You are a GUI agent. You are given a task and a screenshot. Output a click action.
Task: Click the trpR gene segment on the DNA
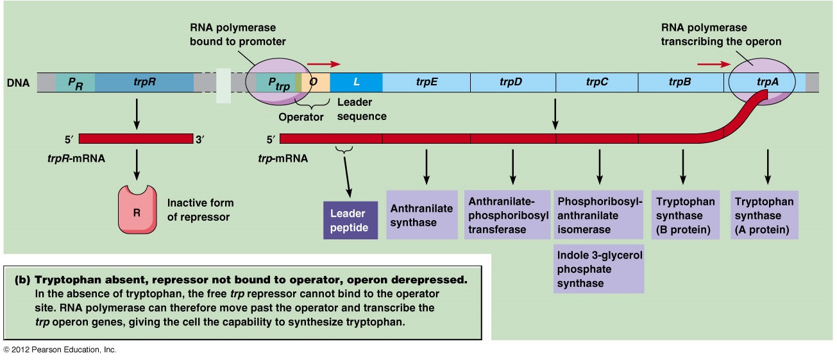144,83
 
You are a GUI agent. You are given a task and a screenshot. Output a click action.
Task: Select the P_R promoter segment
75,83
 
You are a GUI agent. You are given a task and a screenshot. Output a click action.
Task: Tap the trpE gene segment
426,82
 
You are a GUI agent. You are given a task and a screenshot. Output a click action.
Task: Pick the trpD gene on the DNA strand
512,82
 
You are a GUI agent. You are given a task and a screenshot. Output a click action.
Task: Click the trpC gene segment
596,82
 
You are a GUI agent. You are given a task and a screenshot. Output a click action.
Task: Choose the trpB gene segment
680,82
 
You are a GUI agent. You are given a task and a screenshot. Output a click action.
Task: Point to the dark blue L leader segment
356,82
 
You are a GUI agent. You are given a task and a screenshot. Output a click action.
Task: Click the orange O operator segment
315,82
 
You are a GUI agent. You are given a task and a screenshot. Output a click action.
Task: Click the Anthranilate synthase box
421,216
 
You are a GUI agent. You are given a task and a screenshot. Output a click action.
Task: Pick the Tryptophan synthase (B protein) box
685,214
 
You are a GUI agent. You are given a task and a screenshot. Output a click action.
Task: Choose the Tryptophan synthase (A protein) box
765,214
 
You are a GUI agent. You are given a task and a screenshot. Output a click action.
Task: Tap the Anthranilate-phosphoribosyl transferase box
507,214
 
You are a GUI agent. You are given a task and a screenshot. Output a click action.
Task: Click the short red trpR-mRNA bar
135,139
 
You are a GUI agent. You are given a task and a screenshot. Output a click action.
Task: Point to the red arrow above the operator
323,64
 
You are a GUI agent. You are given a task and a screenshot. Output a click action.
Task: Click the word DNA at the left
18,83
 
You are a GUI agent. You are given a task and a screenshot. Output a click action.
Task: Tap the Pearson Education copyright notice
60,350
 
